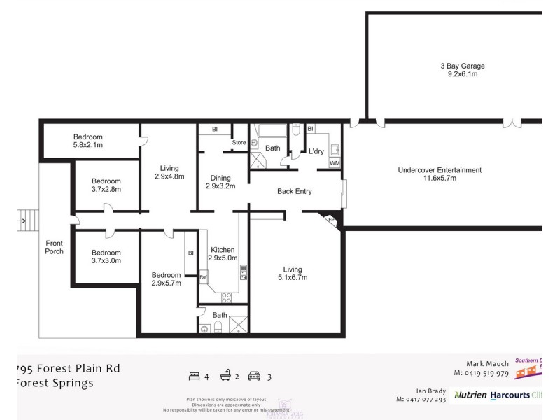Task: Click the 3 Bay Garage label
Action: point(463,69)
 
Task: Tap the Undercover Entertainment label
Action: point(440,174)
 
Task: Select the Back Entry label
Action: point(294,191)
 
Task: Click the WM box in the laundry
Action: point(335,163)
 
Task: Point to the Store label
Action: point(239,143)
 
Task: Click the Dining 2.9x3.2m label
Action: point(220,181)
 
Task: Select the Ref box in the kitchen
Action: point(204,277)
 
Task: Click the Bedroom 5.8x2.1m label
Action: point(88,141)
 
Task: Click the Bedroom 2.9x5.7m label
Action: point(167,279)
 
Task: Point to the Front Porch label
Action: point(54,247)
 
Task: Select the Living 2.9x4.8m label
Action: point(169,172)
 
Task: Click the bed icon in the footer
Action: point(194,377)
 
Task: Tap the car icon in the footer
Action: point(254,377)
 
